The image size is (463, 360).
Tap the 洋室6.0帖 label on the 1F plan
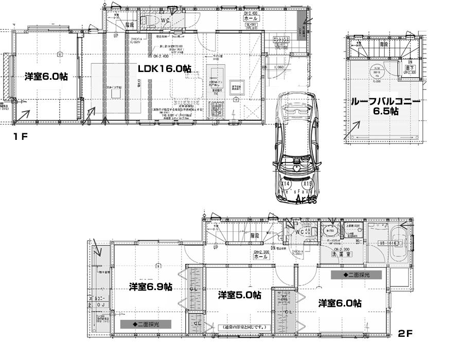(46, 76)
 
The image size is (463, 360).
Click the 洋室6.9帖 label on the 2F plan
(150, 286)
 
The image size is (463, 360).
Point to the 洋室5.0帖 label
(239, 295)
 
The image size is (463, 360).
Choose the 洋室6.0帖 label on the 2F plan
(339, 303)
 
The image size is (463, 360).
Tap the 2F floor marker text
(405, 334)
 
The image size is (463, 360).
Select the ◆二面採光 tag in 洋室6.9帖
(146, 325)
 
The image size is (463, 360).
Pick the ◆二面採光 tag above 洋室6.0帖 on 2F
(356, 275)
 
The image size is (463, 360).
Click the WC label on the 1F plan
(165, 21)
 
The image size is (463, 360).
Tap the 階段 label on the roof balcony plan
(384, 44)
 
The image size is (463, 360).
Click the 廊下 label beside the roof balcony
(406, 68)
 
